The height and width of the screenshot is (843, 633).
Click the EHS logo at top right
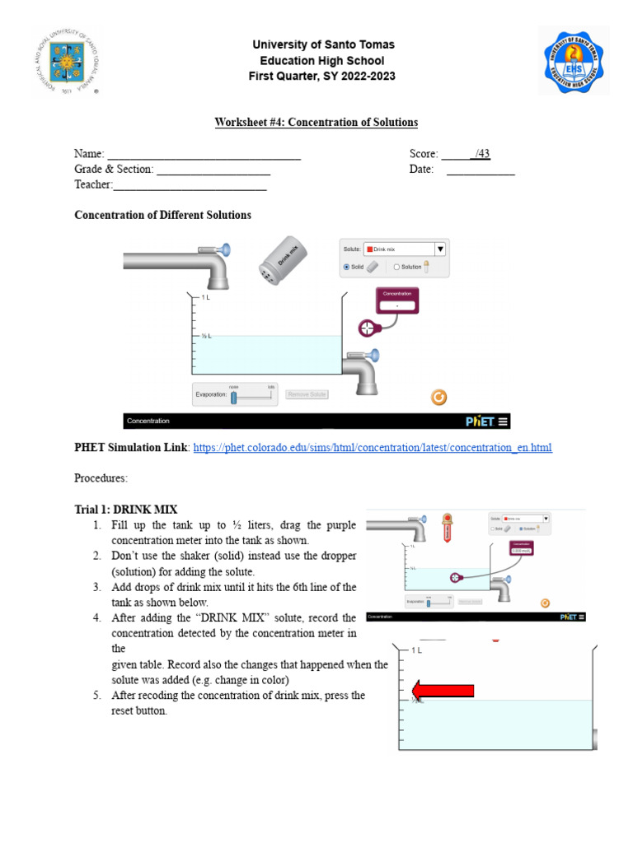(x=574, y=60)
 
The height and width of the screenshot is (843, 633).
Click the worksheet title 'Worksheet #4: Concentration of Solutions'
(x=316, y=123)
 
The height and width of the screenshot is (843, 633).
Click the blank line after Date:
(x=481, y=170)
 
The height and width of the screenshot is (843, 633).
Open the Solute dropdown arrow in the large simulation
(x=440, y=249)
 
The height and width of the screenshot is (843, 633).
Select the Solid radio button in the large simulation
(x=347, y=267)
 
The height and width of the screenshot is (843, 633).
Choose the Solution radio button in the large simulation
(x=396, y=267)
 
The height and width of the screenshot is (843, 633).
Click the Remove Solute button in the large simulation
(x=307, y=395)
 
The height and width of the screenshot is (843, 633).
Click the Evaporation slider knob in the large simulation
(x=233, y=398)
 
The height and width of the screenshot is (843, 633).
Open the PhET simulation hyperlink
(x=372, y=448)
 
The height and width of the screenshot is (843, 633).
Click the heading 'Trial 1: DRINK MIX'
(x=126, y=510)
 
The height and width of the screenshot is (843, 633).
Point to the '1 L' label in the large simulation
(x=205, y=298)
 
